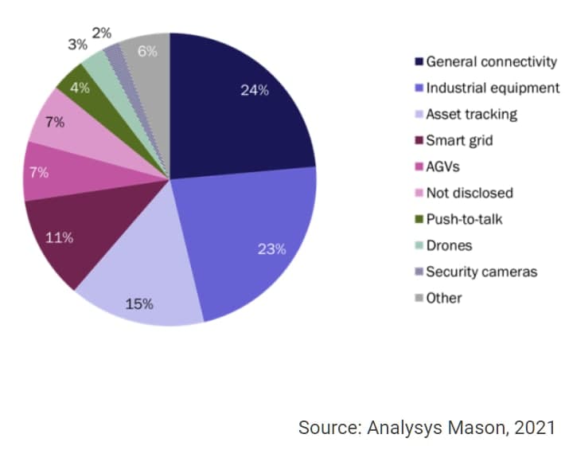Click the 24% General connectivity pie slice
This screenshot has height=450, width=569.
click(239, 104)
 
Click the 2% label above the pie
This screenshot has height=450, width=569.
click(102, 33)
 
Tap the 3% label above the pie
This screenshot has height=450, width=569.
click(77, 45)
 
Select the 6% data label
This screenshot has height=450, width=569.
click(147, 51)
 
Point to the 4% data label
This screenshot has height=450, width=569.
click(80, 88)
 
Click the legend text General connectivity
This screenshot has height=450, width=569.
click(491, 61)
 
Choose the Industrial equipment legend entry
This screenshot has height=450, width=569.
click(493, 88)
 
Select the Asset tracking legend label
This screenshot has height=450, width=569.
click(471, 114)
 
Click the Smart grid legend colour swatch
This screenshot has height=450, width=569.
click(418, 141)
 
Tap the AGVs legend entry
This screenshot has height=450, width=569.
click(442, 166)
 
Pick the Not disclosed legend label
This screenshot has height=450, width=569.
click(469, 193)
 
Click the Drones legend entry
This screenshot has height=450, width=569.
click(449, 245)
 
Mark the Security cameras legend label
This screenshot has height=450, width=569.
click(481, 272)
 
